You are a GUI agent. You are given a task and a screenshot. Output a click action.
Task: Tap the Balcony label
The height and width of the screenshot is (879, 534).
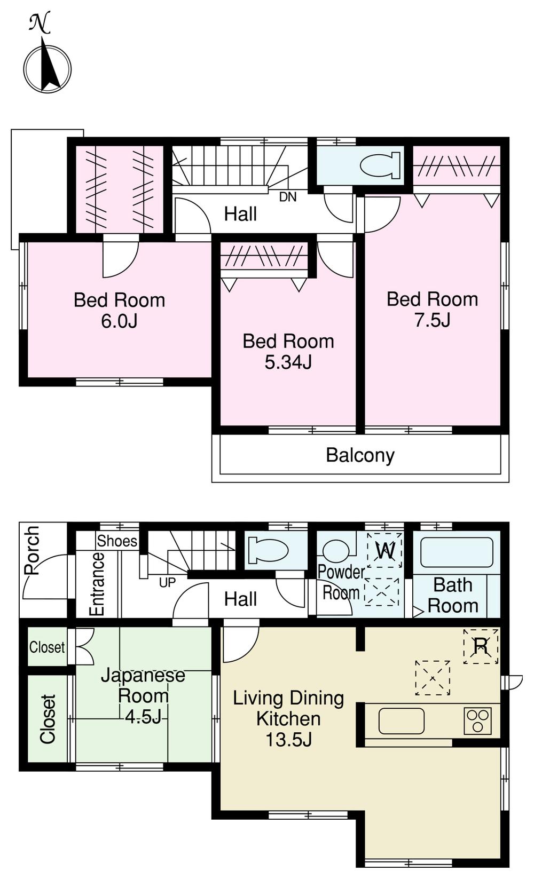tap(360, 455)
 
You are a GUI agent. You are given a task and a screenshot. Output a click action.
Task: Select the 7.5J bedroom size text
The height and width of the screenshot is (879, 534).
tap(432, 320)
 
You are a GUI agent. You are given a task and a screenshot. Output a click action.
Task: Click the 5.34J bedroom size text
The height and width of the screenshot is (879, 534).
tap(288, 362)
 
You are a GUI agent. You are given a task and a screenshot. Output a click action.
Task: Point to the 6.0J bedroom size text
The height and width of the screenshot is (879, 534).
tap(119, 321)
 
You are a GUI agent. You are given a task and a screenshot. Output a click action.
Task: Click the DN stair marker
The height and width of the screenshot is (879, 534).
tap(288, 197)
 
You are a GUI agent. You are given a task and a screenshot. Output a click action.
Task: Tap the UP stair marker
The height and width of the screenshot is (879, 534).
tap(167, 583)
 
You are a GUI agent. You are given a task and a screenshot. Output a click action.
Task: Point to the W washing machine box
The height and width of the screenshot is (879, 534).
tap(385, 550)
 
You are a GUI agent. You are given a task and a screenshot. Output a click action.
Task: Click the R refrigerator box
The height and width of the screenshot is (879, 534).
tap(481, 646)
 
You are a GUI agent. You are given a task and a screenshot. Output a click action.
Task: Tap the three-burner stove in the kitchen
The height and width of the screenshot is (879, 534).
tap(477, 720)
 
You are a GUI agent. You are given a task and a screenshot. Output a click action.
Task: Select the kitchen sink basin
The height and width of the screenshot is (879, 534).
tap(401, 721)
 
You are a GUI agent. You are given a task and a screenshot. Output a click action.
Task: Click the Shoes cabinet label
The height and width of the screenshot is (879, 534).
tap(117, 541)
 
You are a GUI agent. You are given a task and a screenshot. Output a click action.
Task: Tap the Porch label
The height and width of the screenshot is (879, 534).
tap(32, 550)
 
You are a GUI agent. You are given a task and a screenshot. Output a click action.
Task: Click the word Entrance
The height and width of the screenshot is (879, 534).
tap(97, 584)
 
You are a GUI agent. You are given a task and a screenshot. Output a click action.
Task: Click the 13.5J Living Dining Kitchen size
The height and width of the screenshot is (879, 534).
tap(288, 740)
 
